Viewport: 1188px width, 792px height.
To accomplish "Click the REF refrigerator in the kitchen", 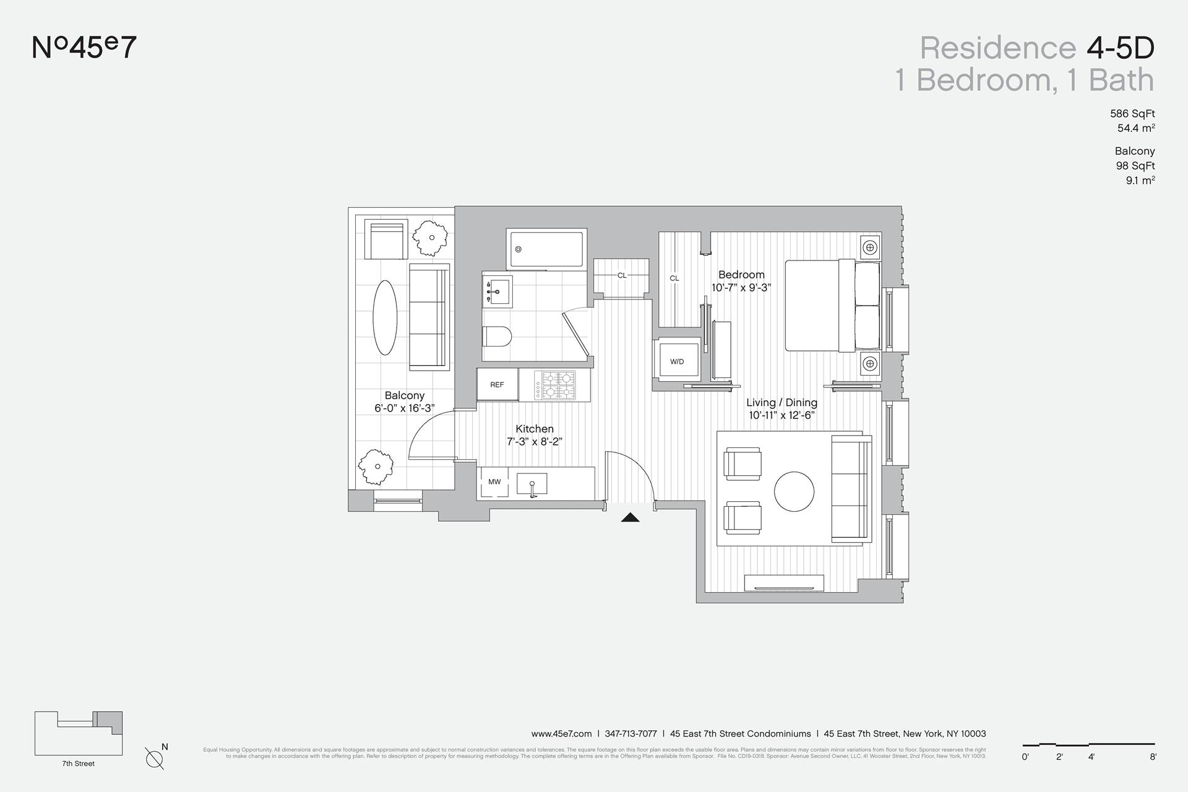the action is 497,385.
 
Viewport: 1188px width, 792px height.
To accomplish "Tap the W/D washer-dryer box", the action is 677,361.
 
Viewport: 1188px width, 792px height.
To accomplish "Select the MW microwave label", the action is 494,482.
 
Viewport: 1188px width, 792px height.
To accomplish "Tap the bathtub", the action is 545,249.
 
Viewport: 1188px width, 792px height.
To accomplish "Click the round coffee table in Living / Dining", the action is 794,491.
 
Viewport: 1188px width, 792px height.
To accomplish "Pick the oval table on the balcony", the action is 385,317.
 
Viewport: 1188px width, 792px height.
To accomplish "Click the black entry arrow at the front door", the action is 630,517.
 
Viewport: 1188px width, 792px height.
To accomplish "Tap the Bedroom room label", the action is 741,275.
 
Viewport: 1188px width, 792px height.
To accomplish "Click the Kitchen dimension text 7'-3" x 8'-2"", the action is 535,442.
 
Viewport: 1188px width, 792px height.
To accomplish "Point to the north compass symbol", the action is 155,758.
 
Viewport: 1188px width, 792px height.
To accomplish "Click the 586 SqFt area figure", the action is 1132,114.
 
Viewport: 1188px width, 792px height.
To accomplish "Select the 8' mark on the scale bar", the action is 1153,757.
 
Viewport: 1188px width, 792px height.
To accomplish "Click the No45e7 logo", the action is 84,48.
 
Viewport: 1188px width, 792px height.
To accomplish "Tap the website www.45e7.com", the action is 561,734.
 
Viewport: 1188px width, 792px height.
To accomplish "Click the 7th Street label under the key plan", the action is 79,764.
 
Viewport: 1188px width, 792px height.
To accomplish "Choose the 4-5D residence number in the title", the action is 1120,48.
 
